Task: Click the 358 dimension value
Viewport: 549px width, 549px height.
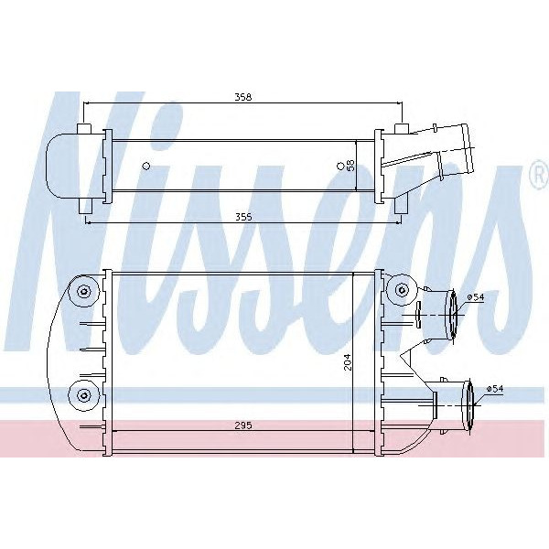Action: click(242, 96)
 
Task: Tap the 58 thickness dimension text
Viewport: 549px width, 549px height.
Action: click(350, 166)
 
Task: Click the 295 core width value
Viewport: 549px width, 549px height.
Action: click(242, 425)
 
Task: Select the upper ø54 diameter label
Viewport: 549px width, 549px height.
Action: click(476, 297)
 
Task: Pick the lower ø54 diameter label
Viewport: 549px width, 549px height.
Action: click(494, 389)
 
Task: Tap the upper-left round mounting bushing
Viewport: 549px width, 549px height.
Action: click(84, 292)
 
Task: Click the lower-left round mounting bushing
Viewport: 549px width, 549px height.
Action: click(84, 394)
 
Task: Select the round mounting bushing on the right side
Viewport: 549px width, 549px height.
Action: click(400, 292)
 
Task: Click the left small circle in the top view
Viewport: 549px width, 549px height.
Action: click(146, 166)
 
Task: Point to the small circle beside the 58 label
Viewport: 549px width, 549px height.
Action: click(340, 166)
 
